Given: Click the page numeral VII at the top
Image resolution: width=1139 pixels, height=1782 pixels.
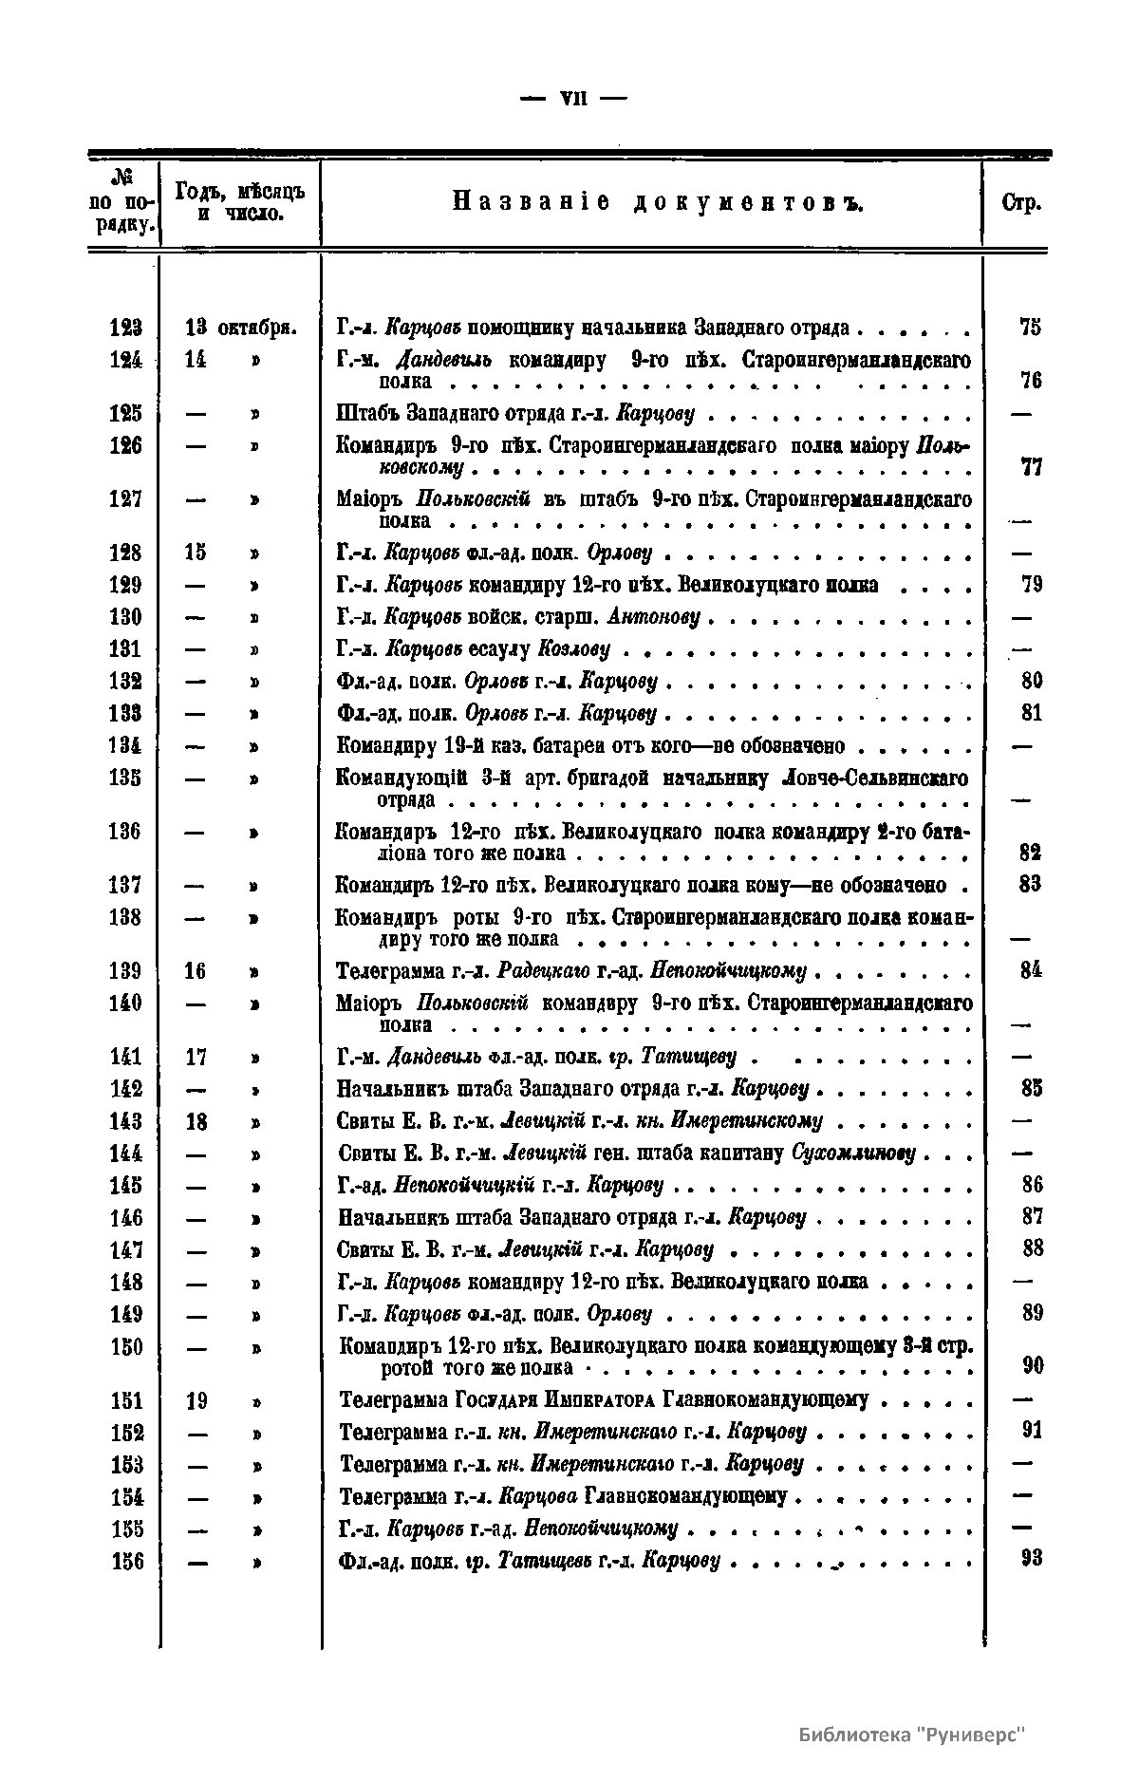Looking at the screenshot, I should click(x=569, y=98).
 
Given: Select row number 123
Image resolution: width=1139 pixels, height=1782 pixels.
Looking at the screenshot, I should click(x=125, y=328).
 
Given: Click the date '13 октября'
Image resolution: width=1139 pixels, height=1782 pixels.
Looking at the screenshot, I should click(x=240, y=328).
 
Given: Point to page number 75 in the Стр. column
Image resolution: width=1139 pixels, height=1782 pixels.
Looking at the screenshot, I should click(x=1030, y=328).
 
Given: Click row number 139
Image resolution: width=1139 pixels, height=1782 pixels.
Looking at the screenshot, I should click(x=125, y=971).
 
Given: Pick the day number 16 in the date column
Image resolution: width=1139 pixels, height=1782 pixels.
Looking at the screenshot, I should click(x=195, y=971).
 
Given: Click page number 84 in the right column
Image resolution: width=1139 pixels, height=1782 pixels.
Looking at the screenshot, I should click(x=1032, y=970).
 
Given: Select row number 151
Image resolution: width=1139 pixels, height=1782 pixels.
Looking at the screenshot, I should click(x=125, y=1401).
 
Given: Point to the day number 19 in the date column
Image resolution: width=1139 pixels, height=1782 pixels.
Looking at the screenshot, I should click(x=196, y=1401).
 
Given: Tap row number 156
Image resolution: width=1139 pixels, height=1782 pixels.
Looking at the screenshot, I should click(x=125, y=1561).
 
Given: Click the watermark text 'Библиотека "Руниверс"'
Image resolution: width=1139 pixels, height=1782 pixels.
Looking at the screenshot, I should click(x=913, y=1734).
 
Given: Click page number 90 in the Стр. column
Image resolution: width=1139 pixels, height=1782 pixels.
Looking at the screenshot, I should click(x=1033, y=1366).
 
